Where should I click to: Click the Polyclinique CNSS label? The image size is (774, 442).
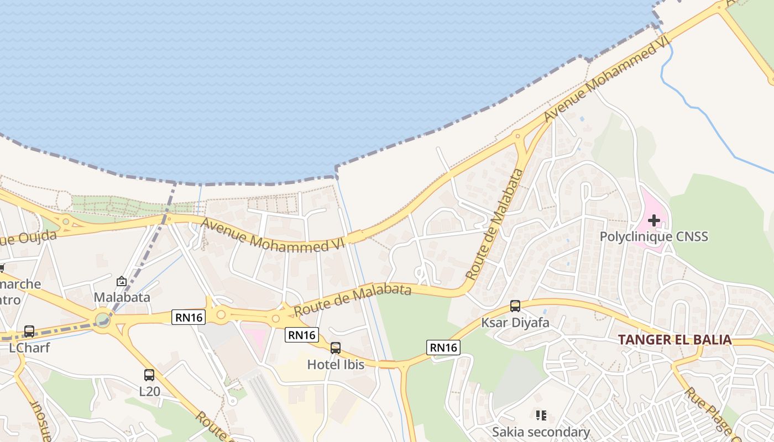coord(654,237)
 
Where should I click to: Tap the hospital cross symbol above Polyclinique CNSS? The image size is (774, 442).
coord(654,220)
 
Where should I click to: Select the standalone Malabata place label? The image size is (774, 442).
coord(122,297)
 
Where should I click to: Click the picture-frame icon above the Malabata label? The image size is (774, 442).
coord(122,281)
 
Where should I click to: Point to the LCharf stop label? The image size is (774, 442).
coord(29,348)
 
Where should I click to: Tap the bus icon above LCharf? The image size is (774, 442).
coord(29,331)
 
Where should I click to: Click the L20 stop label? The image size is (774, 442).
coord(149,391)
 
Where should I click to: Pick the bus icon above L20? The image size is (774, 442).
coord(149,375)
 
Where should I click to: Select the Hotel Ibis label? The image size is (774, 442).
coord(336,365)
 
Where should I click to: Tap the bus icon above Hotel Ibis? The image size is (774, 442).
coord(336,348)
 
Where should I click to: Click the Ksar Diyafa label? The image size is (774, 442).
coord(515,322)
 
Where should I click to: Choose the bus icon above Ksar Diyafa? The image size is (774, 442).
coord(515,306)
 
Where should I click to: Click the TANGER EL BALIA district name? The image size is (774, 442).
coord(674,340)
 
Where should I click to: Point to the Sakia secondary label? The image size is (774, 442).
coord(541,432)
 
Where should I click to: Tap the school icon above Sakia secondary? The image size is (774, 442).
coord(541,415)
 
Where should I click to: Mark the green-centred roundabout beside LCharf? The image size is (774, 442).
coord(102,319)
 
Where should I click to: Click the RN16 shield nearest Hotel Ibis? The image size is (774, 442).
coord(302,334)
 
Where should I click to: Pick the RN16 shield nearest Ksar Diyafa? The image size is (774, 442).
coord(443,347)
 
